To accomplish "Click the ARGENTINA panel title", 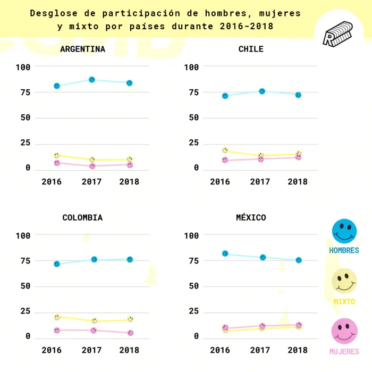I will [x=82, y=49].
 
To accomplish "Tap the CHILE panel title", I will [x=251, y=49].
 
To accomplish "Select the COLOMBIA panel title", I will [x=82, y=217].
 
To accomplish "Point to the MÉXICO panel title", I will [x=251, y=217].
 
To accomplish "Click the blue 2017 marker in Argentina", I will [x=92, y=80].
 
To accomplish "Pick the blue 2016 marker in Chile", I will [x=225, y=96].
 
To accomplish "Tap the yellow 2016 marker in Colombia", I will [x=57, y=317].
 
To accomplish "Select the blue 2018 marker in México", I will [x=299, y=260].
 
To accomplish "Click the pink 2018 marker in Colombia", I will [x=130, y=333].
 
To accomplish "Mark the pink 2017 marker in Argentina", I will [x=92, y=166].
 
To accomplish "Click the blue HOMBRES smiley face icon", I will [x=344, y=232].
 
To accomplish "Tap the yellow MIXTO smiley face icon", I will [x=344, y=281].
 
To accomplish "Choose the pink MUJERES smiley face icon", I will [x=344, y=331].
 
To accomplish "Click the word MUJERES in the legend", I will [x=344, y=352].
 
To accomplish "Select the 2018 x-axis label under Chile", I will [x=298, y=182].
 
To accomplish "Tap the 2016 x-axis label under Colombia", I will [x=52, y=350].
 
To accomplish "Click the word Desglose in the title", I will [x=51, y=13].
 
